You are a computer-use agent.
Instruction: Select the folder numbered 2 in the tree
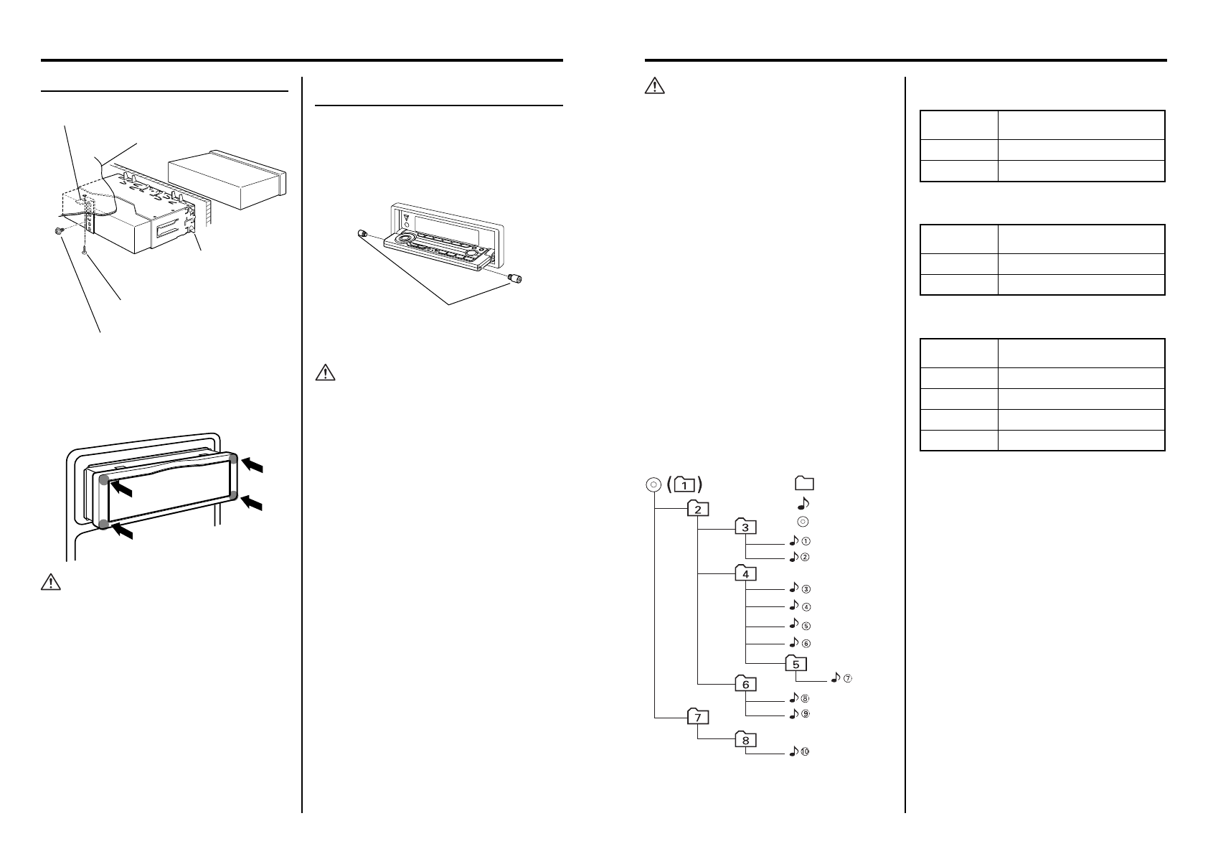[698, 509]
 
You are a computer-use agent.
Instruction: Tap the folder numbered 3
[745, 527]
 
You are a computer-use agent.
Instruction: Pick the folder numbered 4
[745, 574]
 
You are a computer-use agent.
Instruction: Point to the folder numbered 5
[796, 664]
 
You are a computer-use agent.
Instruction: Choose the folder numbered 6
[745, 684]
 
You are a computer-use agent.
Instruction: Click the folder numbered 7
[698, 716]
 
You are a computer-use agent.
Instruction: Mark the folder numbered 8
[745, 741]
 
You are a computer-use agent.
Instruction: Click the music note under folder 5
[836, 677]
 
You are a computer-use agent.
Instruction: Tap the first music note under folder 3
[793, 540]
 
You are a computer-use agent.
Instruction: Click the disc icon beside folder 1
[651, 484]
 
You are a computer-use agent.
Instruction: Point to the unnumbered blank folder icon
[803, 484]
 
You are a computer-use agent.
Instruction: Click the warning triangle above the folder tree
[655, 87]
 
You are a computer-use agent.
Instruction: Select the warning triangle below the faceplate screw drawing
[326, 373]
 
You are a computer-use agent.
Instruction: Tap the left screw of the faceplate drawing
[362, 234]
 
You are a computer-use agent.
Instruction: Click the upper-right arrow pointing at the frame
[253, 466]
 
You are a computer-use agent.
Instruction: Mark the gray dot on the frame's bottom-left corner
[105, 525]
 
